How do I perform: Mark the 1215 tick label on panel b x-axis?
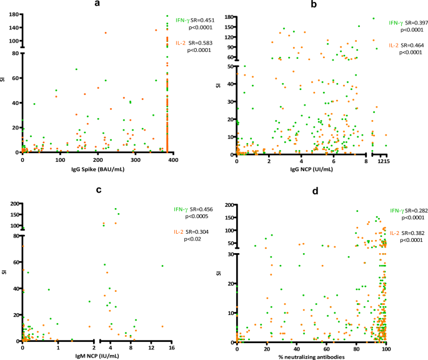pyautogui.click(x=384, y=161)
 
